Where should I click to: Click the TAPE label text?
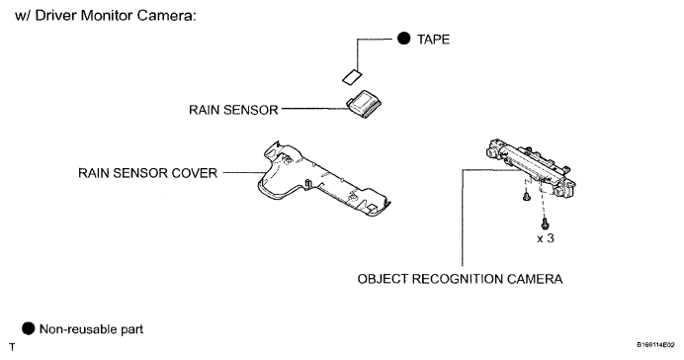[x=433, y=40]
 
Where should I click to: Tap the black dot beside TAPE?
[x=404, y=39]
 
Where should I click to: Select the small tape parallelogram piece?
[x=352, y=76]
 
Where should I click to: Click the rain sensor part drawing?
[x=365, y=105]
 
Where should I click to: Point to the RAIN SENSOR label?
[x=233, y=110]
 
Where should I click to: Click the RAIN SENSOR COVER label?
[x=147, y=173]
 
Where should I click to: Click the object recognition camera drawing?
[x=531, y=168]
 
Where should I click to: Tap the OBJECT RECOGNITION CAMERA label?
[x=460, y=279]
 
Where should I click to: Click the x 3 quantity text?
[x=546, y=238]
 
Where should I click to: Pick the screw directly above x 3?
[x=545, y=224]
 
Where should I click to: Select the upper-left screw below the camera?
[x=527, y=196]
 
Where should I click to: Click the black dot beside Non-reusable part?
[x=28, y=328]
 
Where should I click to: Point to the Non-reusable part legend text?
[x=91, y=329]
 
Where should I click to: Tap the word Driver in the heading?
[x=55, y=16]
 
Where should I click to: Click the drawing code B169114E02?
[x=658, y=345]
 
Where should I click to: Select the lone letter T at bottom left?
[x=12, y=347]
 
